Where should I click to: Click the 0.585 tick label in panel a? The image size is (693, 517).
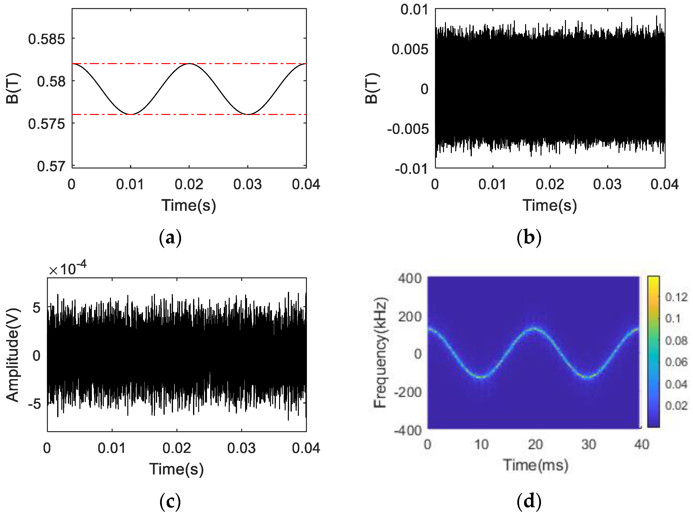point(47,39)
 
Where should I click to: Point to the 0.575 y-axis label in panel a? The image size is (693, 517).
point(47,124)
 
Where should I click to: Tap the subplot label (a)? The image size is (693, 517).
point(170,238)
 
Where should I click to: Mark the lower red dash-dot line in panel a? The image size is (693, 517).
point(188,114)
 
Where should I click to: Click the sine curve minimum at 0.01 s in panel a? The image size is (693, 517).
point(131,114)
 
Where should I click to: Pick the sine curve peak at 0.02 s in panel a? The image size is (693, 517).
point(189,64)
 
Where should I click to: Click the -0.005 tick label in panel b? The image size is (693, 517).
point(408,129)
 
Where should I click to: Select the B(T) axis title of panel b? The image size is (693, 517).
point(372,88)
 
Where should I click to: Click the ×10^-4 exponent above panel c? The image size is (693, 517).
point(67,269)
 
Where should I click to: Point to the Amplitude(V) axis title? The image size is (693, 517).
point(12,355)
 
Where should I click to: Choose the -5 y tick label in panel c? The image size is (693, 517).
point(34,404)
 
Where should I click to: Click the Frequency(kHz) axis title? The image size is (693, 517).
point(380,353)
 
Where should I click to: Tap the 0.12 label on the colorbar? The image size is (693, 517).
point(676,297)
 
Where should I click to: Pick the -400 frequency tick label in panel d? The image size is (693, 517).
point(408,431)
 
